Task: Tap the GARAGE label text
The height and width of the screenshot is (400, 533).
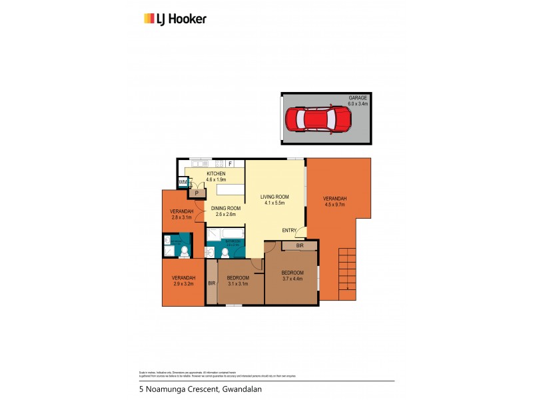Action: [358, 98]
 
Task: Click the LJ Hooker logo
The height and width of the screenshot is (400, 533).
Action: [175, 19]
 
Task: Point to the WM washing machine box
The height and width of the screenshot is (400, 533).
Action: [182, 182]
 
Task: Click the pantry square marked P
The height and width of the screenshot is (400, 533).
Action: [197, 193]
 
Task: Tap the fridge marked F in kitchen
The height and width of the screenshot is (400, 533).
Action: [230, 164]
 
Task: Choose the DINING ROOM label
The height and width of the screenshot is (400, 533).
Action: [226, 209]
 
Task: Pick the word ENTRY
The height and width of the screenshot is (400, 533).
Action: [289, 231]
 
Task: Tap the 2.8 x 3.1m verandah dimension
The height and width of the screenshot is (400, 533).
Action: [181, 217]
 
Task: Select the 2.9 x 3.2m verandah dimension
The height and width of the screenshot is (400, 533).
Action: [183, 283]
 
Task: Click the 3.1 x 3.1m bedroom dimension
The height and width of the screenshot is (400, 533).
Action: [238, 283]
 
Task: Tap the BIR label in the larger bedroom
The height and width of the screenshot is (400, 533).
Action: [300, 246]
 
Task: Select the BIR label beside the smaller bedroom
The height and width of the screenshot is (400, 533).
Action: [211, 283]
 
